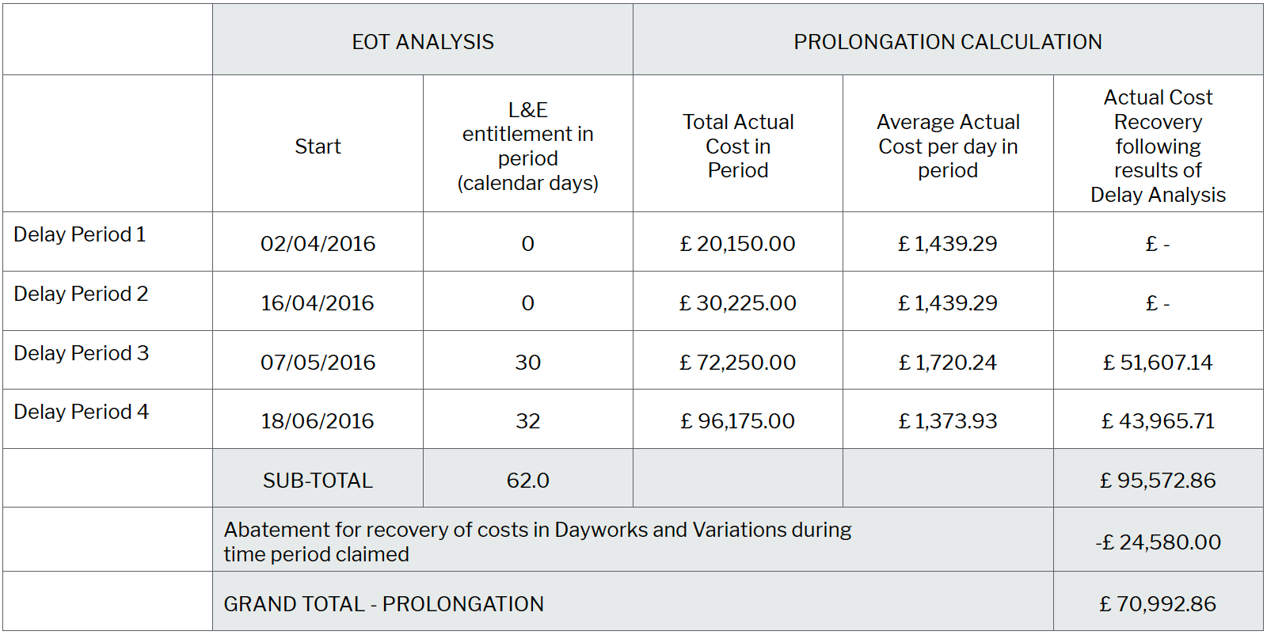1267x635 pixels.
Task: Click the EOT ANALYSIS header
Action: pyautogui.click(x=423, y=42)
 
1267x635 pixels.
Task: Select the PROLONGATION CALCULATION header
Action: pyautogui.click(x=947, y=42)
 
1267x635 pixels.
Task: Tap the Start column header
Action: pyautogui.click(x=318, y=146)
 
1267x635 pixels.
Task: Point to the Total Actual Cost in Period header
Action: pyautogui.click(x=738, y=146)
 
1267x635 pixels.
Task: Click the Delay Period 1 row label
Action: pyautogui.click(x=80, y=234)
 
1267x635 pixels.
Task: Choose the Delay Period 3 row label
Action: pyautogui.click(x=82, y=353)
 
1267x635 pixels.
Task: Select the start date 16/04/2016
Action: pyautogui.click(x=318, y=302)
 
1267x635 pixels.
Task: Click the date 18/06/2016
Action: pyautogui.click(x=318, y=421)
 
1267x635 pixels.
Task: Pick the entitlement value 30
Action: pyautogui.click(x=528, y=362)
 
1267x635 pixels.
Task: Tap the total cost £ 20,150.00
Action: pyautogui.click(x=738, y=244)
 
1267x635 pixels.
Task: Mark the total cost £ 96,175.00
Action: pyautogui.click(x=738, y=421)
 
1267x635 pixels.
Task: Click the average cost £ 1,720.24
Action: pyautogui.click(x=948, y=362)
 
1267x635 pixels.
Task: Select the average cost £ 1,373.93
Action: pyautogui.click(x=948, y=421)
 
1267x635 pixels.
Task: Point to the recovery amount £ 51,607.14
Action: pyautogui.click(x=1158, y=362)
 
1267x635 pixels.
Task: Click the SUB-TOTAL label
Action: pyautogui.click(x=318, y=481)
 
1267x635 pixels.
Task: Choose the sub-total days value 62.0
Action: pyautogui.click(x=528, y=481)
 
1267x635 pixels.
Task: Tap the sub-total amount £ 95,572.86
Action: pyautogui.click(x=1158, y=481)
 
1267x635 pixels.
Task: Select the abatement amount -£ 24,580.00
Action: pyautogui.click(x=1158, y=542)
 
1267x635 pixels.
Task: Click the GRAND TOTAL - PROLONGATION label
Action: pyautogui.click(x=384, y=604)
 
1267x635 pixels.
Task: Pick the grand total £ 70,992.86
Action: pyautogui.click(x=1158, y=604)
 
